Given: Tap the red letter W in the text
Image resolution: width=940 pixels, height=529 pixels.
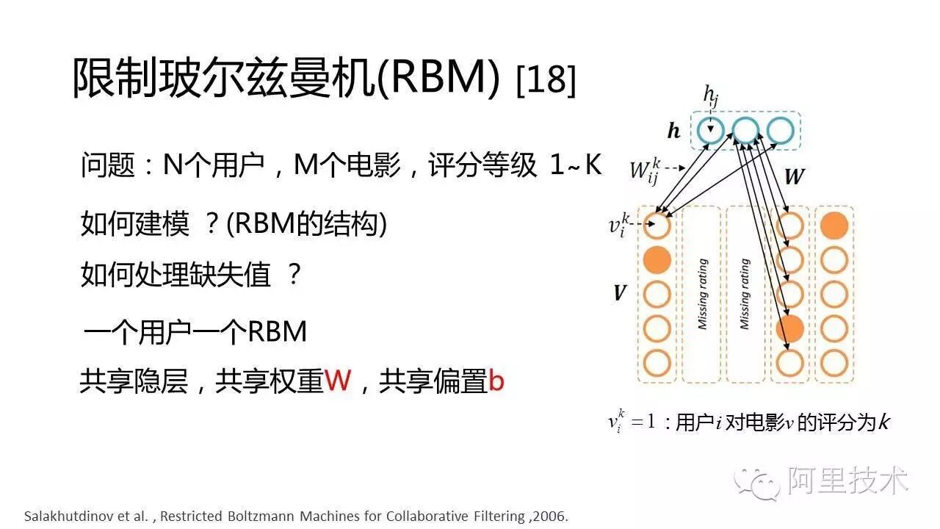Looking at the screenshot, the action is pos(338,381).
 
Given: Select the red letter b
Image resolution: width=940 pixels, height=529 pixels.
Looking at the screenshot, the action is pos(496,381).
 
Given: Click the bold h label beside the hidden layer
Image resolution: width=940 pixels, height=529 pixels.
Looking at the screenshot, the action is pos(673,132).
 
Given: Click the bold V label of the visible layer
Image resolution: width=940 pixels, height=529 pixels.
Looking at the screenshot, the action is pos(620,293).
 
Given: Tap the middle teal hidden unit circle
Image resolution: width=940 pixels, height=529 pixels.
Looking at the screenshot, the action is pos(745,131).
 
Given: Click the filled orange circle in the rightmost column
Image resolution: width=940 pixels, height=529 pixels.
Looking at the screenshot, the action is pos(834,225).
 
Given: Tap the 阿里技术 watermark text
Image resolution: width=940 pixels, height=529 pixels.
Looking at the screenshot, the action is pos(848,481).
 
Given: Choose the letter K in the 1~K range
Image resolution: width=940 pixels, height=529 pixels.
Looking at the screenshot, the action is pos(592,166).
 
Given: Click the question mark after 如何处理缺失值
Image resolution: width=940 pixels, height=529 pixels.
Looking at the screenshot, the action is pos(294,276).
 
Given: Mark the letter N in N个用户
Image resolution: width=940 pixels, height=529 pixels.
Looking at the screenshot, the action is pos(172,166).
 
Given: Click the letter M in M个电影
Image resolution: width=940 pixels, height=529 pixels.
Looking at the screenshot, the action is pos(306,166).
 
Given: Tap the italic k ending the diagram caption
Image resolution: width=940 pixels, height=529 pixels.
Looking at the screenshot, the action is pos(884,422).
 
